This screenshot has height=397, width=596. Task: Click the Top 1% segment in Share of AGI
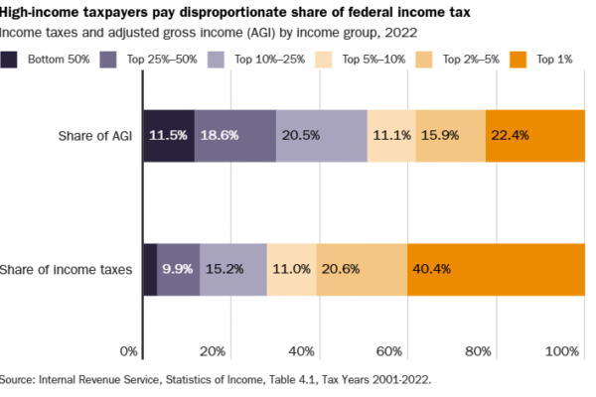535,135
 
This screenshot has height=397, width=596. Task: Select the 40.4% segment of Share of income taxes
496,269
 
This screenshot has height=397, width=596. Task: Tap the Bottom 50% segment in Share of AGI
170,135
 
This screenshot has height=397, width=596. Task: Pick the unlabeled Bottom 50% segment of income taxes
151,269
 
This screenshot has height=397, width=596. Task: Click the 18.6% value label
219,136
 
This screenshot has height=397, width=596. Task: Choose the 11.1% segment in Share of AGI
391,135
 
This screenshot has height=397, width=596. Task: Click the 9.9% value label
178,269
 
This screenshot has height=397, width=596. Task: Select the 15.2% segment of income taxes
233,269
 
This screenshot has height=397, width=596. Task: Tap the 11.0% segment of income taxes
292,269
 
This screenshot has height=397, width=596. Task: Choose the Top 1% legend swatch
519,61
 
